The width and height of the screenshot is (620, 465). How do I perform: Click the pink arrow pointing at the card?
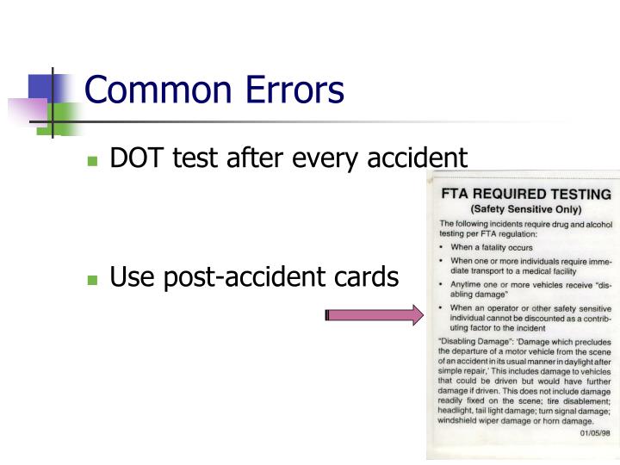click(374, 315)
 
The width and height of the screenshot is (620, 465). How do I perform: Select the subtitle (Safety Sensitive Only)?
click(525, 209)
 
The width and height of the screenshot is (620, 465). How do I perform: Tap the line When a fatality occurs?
click(485, 246)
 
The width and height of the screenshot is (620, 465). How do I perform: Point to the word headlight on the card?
click(459, 410)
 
